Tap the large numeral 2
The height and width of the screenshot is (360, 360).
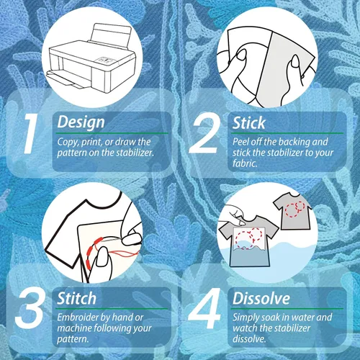point(204,133)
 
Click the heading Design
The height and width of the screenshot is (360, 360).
point(81,122)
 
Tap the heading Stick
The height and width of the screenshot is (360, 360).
point(248,123)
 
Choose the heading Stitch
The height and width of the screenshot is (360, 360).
point(76,298)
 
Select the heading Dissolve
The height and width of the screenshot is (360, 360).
point(261,298)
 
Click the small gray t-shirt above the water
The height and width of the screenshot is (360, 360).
point(293,212)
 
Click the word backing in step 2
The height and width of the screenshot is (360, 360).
point(293,142)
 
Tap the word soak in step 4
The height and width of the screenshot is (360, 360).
point(271,318)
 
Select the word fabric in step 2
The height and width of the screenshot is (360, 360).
point(245,163)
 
